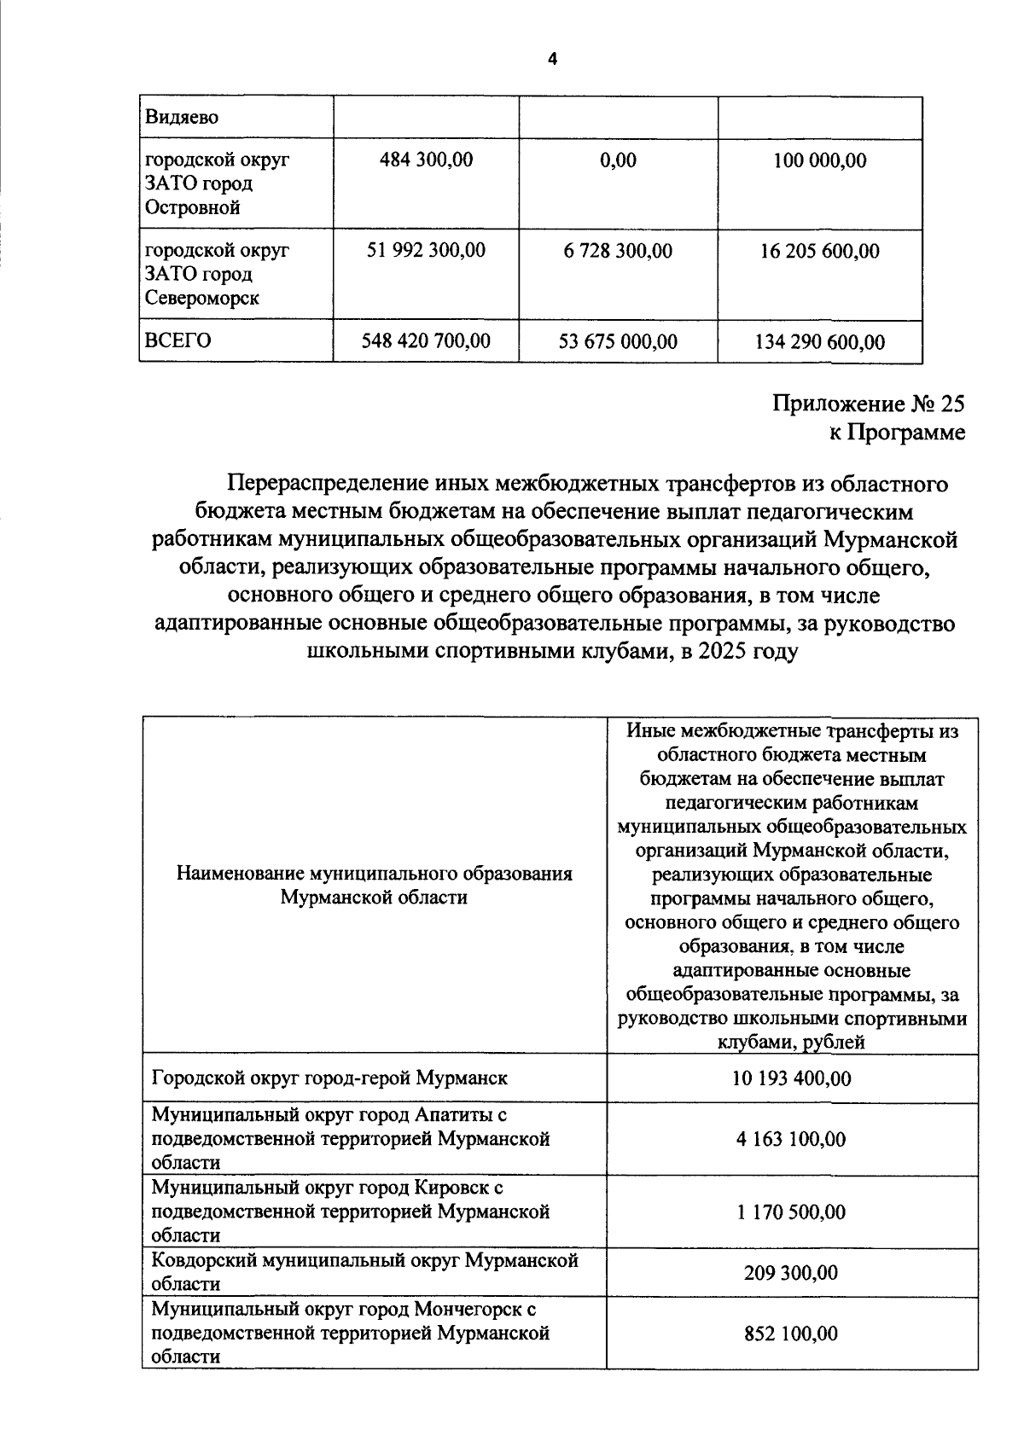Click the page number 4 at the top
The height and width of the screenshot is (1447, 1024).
pos(551,59)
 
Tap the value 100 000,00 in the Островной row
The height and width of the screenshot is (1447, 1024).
pos(819,160)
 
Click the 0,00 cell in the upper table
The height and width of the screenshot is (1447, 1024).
pos(618,160)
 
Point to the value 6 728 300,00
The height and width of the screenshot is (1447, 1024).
pos(618,251)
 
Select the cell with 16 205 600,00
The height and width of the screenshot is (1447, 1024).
pos(819,251)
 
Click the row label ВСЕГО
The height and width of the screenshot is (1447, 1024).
pos(177,340)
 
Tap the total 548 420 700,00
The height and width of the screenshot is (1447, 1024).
pos(426,341)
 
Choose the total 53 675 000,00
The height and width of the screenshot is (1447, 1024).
pos(618,342)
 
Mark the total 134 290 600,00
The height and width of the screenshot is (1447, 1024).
pos(819,343)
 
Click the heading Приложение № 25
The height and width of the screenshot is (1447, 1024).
pos(869,403)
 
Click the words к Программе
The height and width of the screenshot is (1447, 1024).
pos(897,433)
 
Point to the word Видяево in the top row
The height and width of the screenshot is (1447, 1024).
pos(182,117)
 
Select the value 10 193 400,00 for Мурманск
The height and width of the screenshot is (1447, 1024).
pos(791,1078)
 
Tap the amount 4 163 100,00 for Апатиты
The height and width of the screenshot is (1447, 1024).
pos(791,1139)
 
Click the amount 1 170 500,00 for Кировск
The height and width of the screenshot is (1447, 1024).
pos(791,1212)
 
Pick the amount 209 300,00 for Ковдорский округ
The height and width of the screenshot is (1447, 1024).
pos(791,1273)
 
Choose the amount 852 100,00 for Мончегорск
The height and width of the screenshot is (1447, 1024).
pos(791,1333)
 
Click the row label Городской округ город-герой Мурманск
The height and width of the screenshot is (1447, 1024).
pos(329,1078)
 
